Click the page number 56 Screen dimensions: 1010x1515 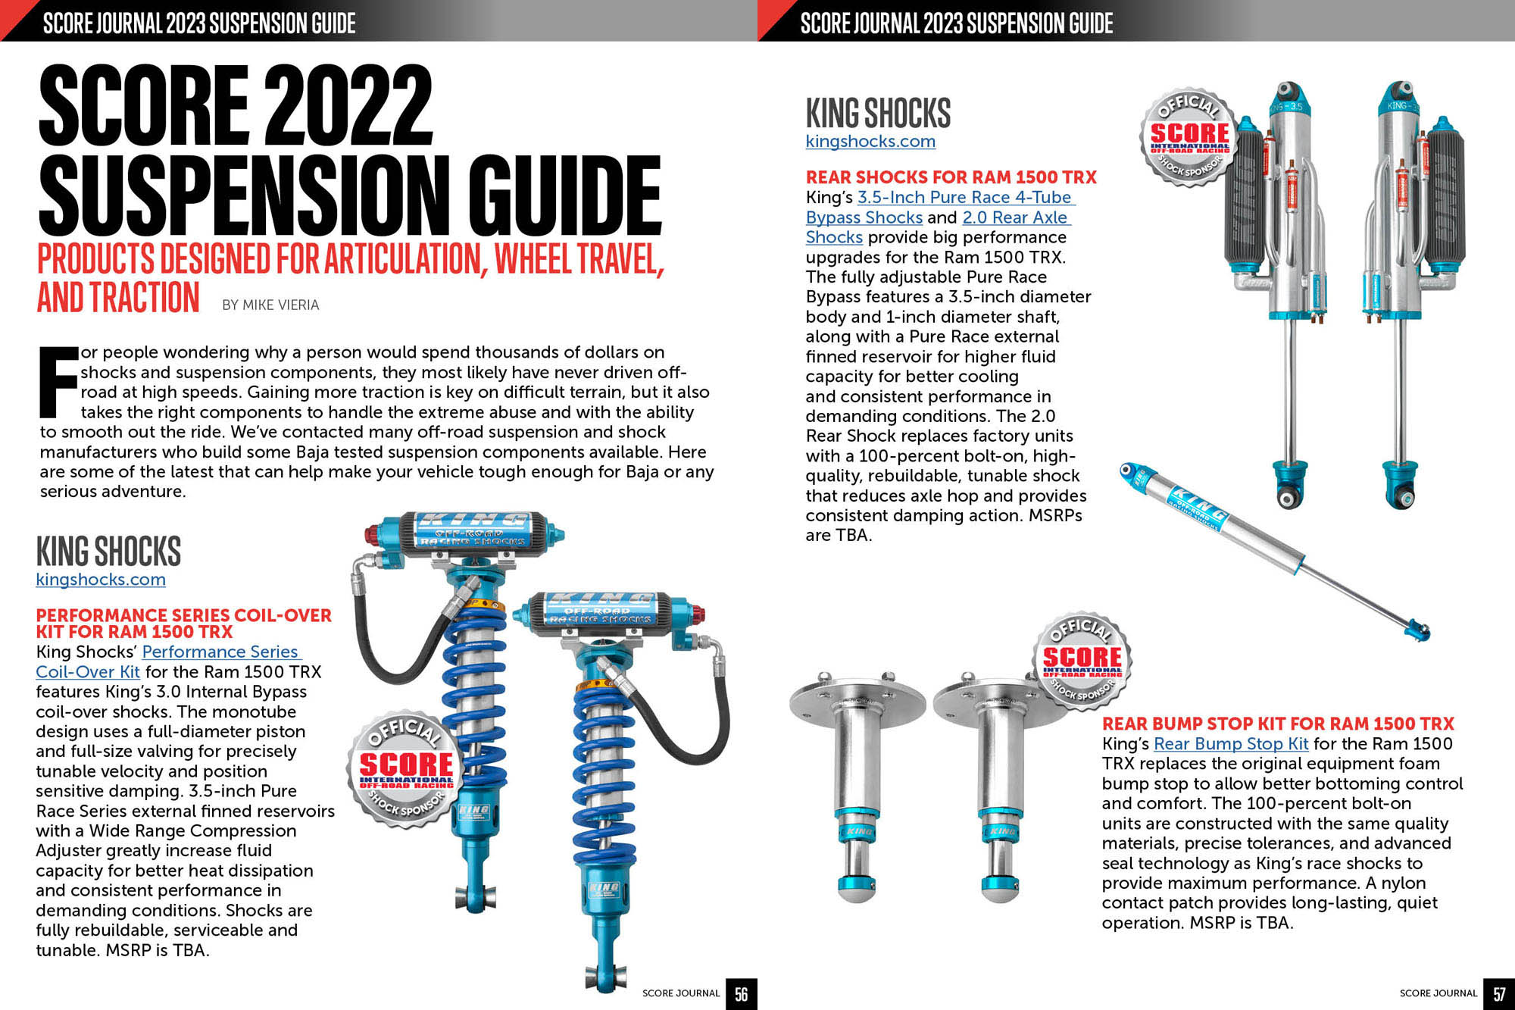coord(741,993)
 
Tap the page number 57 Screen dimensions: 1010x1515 coord(1499,993)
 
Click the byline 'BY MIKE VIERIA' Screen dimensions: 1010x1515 coord(270,305)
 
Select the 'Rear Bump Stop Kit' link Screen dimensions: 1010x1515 coord(1230,744)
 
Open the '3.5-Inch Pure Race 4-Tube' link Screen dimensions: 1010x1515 coord(965,198)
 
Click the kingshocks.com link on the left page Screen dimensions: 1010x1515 coord(101,580)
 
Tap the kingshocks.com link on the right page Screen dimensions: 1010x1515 coord(870,141)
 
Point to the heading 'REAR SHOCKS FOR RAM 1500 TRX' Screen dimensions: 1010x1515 coord(951,177)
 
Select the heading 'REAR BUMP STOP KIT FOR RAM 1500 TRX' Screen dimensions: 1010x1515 coord(1278,724)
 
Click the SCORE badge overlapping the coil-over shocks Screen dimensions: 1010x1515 coord(405,769)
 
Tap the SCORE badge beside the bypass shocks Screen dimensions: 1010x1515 coord(1189,137)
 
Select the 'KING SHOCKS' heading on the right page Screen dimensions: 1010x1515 coord(878,114)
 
